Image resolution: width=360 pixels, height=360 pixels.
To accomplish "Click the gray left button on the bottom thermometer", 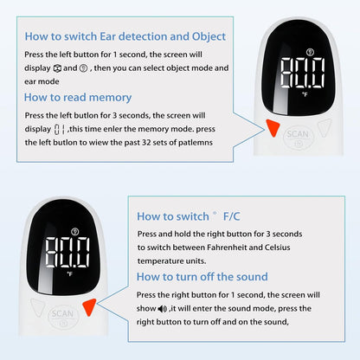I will [x=35, y=307].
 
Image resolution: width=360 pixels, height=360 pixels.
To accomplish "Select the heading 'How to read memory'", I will [x=78, y=98].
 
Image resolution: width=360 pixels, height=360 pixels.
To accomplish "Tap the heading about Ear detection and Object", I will [x=125, y=36].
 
